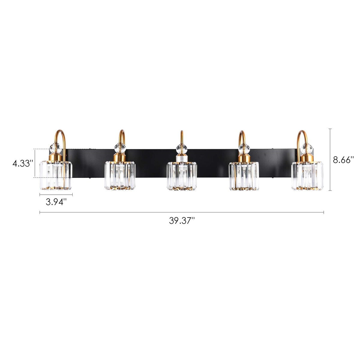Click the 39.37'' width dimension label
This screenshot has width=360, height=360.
pos(182,221)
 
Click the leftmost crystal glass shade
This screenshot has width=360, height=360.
pos(56,175)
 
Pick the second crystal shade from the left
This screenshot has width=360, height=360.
pos(120,175)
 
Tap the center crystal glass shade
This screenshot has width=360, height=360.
pos(182,176)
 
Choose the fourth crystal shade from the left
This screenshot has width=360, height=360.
pos(244,176)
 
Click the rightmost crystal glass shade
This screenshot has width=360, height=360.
pos(307,176)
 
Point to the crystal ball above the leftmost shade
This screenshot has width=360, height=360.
pos(55,148)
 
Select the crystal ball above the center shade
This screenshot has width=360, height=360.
pos(181,148)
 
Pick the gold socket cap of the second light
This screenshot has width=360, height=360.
pos(120,157)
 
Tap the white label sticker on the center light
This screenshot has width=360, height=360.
pos(181,158)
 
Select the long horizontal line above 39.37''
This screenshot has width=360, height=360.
pos(182,212)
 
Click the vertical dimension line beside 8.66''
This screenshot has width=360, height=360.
pos(330,160)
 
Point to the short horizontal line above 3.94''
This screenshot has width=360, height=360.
pos(56,195)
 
